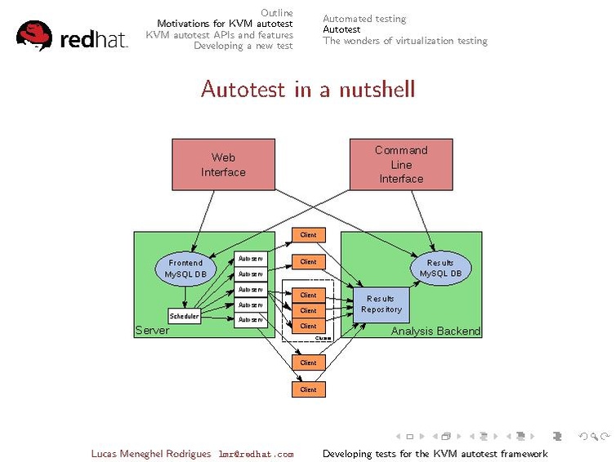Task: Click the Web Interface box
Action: (223, 164)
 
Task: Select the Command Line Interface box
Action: (401, 164)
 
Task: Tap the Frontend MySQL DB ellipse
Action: (185, 269)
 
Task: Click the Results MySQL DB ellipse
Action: (440, 269)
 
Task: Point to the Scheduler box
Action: (184, 316)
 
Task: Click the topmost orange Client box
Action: (308, 235)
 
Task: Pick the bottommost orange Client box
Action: (308, 389)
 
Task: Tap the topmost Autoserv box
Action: (250, 259)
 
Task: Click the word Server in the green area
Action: (152, 331)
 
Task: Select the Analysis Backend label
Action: (435, 331)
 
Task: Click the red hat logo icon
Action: (34, 36)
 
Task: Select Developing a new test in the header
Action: (243, 46)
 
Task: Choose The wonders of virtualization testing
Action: (404, 41)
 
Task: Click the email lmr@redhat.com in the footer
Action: (255, 454)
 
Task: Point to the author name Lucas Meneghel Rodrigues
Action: (151, 454)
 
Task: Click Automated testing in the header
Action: (364, 19)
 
